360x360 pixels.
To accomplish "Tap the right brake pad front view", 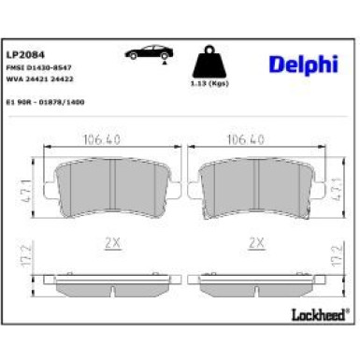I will click(x=252, y=186).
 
